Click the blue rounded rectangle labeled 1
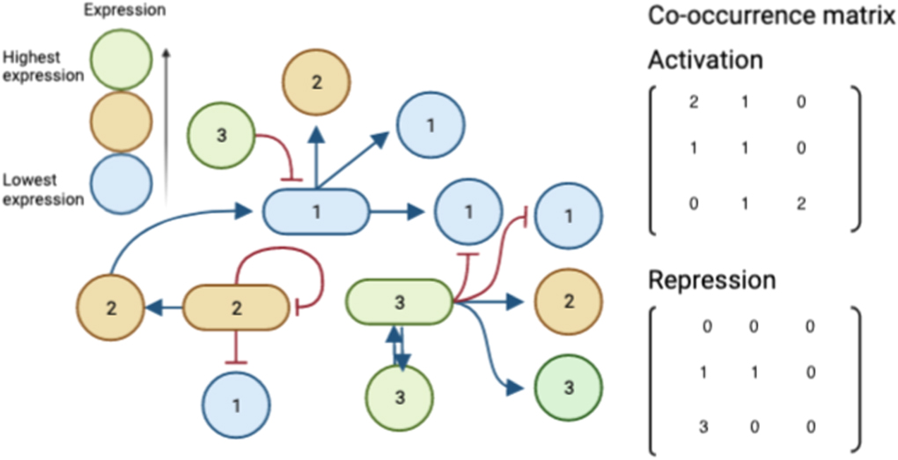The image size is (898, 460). [315, 211]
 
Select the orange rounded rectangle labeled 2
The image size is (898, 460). [235, 308]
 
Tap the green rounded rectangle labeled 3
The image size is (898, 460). [398, 302]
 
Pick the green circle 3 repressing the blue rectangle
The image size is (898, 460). [221, 137]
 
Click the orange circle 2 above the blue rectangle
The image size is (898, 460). [316, 83]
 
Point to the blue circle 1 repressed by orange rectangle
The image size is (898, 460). [236, 406]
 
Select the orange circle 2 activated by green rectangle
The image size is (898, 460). [568, 302]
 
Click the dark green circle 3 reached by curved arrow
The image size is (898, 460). [568, 388]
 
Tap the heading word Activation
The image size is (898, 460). [705, 60]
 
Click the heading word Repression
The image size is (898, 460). [712, 280]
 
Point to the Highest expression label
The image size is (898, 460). [43, 66]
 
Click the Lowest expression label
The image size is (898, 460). [43, 189]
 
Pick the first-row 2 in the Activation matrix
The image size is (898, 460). [695, 103]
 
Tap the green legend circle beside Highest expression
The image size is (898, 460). [123, 59]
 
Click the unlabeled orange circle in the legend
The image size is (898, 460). [123, 121]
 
